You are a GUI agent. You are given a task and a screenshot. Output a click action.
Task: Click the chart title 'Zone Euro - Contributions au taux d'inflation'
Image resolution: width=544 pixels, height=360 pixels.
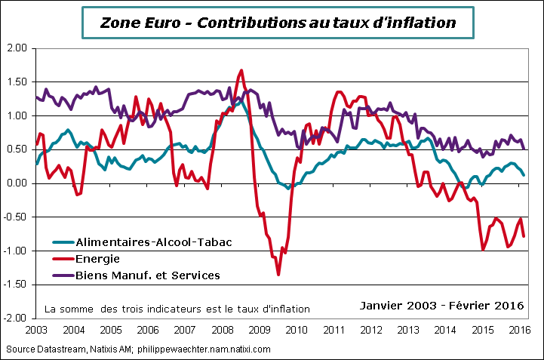coord(278,23)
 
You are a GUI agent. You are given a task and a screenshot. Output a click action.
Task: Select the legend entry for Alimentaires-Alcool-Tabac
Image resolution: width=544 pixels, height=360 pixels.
coord(153,242)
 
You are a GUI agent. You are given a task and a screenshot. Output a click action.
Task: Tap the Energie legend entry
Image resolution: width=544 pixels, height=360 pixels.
coord(99,258)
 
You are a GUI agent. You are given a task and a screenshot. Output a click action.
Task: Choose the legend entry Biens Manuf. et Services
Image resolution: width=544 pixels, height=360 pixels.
coord(147,275)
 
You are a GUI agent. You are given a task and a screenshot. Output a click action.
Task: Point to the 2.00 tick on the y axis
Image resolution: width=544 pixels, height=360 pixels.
coord(17,48)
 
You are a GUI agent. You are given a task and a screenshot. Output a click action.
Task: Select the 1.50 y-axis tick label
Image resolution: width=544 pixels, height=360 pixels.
coord(17,82)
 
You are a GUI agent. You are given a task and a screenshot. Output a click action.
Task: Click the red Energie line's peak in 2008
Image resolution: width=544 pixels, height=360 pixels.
coord(241,70)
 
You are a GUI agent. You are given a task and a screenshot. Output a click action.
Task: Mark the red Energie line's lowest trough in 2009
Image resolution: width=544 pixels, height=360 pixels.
coord(278,275)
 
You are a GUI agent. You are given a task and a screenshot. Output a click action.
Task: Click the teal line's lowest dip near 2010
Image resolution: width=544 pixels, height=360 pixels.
coord(288,188)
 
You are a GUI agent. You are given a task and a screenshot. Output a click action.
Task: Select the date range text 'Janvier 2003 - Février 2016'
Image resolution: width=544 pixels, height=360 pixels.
coord(441,306)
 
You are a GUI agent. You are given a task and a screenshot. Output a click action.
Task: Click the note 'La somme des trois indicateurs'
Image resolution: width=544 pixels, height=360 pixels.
coord(177,309)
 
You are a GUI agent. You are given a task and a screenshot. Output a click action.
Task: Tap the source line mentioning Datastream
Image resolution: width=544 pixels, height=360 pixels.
coord(137,349)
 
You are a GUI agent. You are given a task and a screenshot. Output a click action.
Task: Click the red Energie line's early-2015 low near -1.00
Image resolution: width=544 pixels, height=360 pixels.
coord(484,249)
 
